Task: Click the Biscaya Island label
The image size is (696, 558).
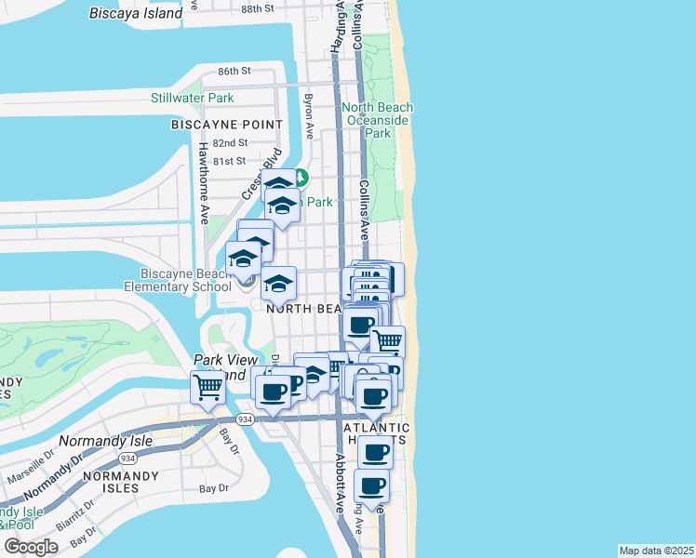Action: pyautogui.click(x=136, y=13)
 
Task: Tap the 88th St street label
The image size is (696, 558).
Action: pyautogui.click(x=258, y=7)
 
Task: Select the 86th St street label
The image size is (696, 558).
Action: pyautogui.click(x=234, y=71)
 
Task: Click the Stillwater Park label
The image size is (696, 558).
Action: pyautogui.click(x=193, y=98)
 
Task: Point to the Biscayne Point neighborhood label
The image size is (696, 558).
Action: pyautogui.click(x=227, y=124)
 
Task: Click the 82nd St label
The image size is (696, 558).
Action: pyautogui.click(x=230, y=143)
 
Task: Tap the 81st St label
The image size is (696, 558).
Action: pyautogui.click(x=230, y=160)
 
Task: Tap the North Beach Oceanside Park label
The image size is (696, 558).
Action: pyautogui.click(x=377, y=120)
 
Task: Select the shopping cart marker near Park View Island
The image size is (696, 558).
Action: pyautogui.click(x=208, y=389)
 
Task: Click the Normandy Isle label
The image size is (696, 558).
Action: pyautogui.click(x=98, y=440)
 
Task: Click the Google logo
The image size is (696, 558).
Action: pyautogui.click(x=31, y=547)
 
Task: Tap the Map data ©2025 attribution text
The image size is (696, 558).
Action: pyautogui.click(x=657, y=551)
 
